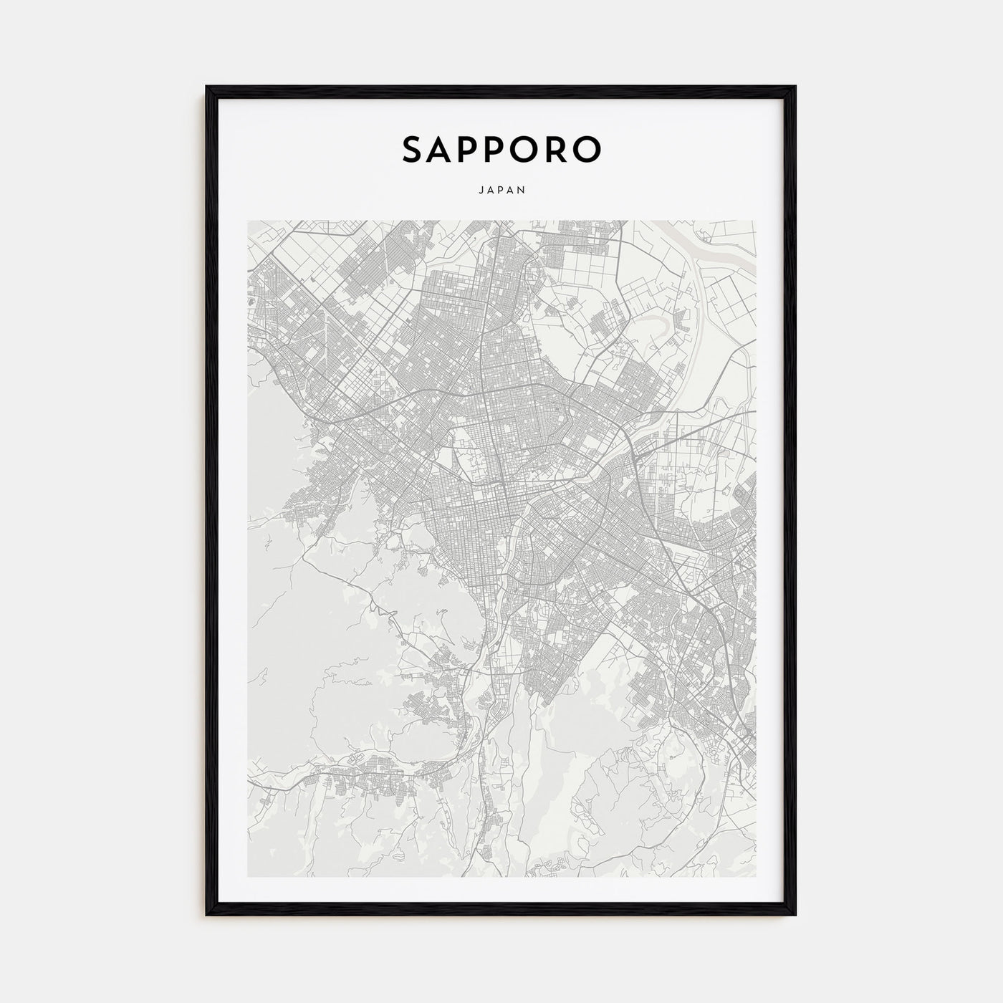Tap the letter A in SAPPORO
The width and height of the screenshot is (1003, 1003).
[446, 149]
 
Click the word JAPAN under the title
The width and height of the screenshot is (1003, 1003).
[501, 191]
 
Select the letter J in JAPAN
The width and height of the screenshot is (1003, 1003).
[478, 191]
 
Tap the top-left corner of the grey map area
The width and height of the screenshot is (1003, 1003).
[248, 221]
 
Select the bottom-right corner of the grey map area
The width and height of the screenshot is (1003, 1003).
[754, 876]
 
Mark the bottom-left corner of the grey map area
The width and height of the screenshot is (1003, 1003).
[248, 876]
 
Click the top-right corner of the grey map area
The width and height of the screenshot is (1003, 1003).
[754, 221]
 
